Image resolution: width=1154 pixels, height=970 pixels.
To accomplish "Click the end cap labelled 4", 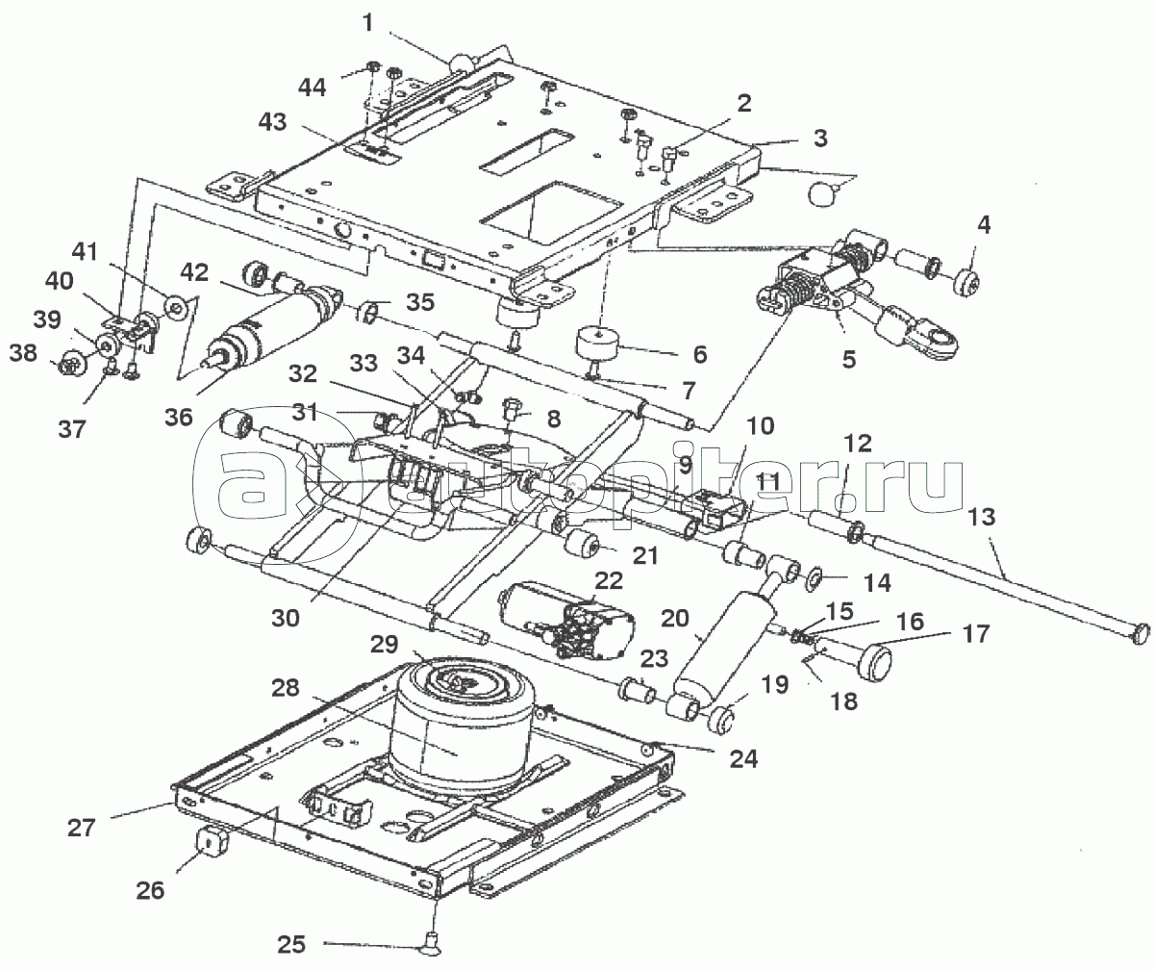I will click(963, 283).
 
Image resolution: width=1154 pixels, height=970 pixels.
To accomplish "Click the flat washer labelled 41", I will click(175, 308).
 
